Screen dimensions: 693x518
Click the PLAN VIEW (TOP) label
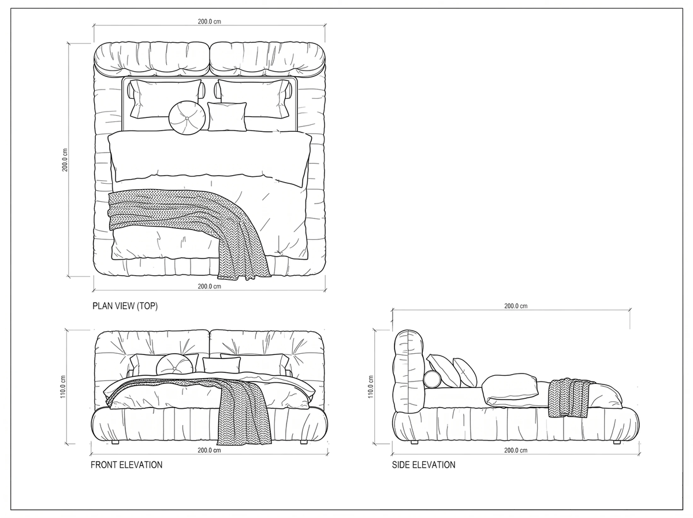(x=125, y=306)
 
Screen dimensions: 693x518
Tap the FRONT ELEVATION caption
(x=126, y=465)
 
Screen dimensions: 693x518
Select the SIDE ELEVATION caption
(x=424, y=465)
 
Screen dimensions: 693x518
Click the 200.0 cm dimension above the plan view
(x=209, y=21)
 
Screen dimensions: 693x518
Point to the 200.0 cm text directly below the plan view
(x=209, y=286)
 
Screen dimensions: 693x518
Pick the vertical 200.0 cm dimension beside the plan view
(x=65, y=160)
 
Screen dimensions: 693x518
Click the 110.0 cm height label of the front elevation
(x=63, y=387)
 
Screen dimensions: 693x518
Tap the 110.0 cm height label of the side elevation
(x=371, y=387)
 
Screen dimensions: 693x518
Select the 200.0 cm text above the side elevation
(x=516, y=306)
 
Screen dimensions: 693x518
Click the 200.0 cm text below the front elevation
(x=209, y=450)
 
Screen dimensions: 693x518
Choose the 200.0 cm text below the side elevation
(x=516, y=450)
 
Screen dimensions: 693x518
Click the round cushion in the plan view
(x=187, y=118)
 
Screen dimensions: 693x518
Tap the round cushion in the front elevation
(x=174, y=364)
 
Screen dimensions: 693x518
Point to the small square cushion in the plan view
(x=227, y=116)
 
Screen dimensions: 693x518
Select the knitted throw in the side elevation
(x=569, y=398)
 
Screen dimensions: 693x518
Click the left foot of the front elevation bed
(x=115, y=442)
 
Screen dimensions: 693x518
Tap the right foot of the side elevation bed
(x=617, y=442)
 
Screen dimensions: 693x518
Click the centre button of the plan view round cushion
(x=187, y=118)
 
